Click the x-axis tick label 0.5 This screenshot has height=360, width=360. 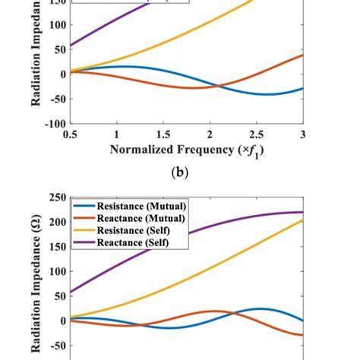71,134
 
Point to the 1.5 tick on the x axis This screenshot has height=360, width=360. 163,134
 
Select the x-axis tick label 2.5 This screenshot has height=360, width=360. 256,134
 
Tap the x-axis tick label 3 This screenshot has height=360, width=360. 302,134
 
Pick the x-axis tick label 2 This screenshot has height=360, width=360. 210,134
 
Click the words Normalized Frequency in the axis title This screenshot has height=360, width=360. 166,149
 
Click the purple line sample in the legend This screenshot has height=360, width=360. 84,243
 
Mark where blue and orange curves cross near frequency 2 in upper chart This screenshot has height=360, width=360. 216,86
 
